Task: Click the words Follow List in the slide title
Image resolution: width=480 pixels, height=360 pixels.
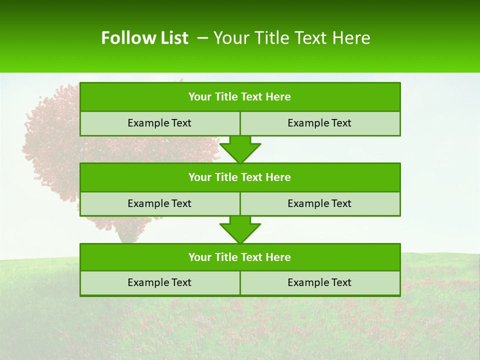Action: [x=144, y=38]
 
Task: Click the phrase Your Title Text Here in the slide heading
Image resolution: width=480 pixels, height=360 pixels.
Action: [x=292, y=38]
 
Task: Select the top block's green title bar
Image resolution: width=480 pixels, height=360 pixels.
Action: [x=240, y=97]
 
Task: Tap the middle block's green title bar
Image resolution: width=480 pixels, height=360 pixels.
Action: [x=240, y=177]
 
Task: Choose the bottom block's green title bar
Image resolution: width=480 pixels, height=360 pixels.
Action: [x=240, y=257]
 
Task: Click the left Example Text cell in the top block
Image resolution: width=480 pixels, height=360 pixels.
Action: [x=159, y=123]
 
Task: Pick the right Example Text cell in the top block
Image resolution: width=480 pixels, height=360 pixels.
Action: [x=319, y=123]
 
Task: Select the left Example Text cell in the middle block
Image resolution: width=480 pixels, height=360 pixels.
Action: [x=159, y=203]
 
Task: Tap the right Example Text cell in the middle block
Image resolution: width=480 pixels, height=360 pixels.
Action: [x=319, y=203]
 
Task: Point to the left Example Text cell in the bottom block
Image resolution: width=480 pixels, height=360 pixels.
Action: [x=159, y=282]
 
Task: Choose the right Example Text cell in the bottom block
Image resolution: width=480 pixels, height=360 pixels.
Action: [x=319, y=282]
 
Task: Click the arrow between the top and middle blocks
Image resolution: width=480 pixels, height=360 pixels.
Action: [x=240, y=149]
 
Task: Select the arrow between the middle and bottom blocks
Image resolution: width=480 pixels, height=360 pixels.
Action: [x=240, y=229]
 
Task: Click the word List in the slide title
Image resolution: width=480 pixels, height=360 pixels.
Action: [x=175, y=38]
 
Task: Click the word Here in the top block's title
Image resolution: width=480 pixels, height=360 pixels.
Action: [x=278, y=97]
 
